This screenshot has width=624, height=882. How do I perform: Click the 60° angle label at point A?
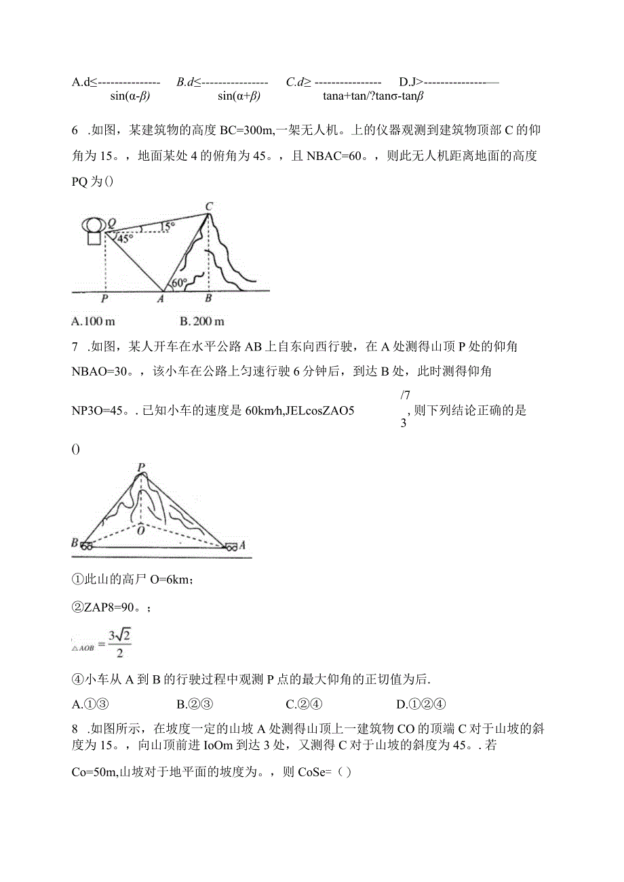[178, 282]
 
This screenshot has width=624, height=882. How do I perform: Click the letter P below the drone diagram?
[104, 298]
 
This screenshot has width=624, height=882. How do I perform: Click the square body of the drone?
[93, 238]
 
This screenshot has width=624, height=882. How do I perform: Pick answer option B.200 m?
[202, 321]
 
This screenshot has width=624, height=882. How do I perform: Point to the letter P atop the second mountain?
[141, 467]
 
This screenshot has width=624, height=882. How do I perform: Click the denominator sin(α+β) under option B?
[239, 96]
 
